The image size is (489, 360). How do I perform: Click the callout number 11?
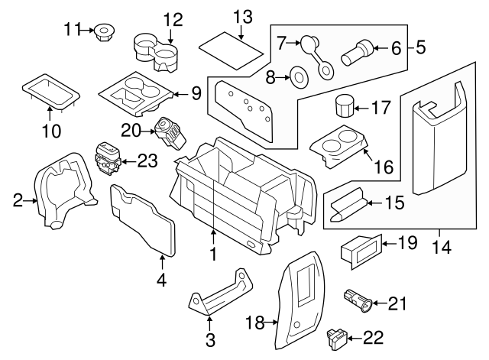(x=72, y=30)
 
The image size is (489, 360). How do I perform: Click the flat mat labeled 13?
(x=232, y=50)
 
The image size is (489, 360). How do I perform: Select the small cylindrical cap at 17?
(x=347, y=105)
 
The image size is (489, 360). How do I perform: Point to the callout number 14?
(x=440, y=248)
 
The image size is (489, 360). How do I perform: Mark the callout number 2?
(x=18, y=201)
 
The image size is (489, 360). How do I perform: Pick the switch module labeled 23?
(x=105, y=159)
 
